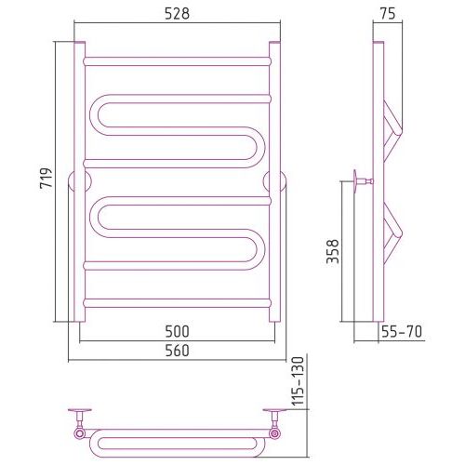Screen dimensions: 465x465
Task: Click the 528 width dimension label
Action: point(177,14)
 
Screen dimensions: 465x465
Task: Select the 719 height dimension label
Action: point(46,179)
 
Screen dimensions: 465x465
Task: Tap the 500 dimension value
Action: point(177,331)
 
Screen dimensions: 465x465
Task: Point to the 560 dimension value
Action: point(177,351)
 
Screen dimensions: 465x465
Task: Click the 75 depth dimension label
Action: point(388,14)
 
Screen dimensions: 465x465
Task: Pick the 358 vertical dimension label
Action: point(333,251)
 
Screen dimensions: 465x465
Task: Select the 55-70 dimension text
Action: point(402,332)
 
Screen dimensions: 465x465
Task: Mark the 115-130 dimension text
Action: point(299,381)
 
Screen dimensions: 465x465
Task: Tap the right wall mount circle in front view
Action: point(274,181)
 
